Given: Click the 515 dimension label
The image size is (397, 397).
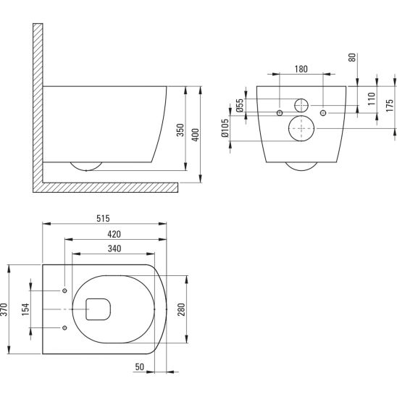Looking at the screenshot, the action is point(104,218).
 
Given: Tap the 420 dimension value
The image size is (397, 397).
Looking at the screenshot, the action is point(114,234).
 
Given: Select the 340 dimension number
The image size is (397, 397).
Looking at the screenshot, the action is point(114,248).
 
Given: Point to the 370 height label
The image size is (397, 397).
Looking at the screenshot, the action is point(4,309).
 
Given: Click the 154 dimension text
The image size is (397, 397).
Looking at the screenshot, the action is point(25,309).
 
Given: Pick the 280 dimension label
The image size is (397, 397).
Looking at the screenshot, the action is point(181,309).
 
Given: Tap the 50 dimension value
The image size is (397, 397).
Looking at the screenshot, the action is point(140,367).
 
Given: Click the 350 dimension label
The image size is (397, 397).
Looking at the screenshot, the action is point(180,130).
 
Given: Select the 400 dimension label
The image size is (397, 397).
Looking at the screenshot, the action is point(195,135).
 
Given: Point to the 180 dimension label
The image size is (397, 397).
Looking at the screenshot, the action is point(301,69).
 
